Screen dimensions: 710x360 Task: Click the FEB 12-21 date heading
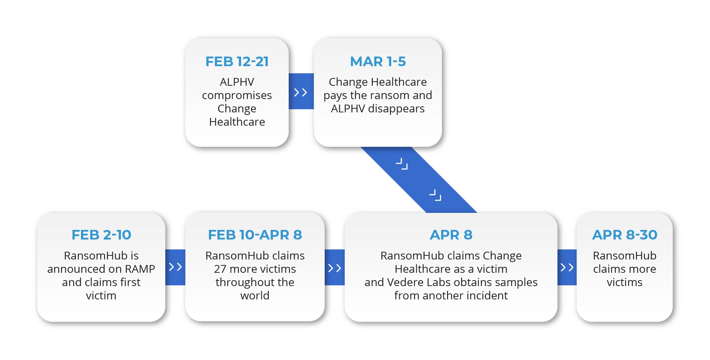[237, 61]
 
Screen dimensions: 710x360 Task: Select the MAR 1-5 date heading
[378, 61]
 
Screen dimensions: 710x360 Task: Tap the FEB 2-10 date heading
[101, 235]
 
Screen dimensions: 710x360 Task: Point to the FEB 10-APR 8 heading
[255, 235]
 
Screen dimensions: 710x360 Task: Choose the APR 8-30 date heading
[625, 235]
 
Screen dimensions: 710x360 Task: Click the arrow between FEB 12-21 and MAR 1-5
[301, 92]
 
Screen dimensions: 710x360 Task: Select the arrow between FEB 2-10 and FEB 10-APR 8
[175, 267]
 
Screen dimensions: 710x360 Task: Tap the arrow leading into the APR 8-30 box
[567, 267]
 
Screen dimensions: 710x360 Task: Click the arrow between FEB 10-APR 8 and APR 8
[335, 268]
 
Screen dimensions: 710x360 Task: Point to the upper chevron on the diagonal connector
[402, 164]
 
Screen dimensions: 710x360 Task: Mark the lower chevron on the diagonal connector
[435, 195]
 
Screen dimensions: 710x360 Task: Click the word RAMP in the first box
[140, 269]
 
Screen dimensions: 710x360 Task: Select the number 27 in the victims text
[220, 269]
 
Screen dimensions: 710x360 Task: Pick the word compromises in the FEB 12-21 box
[237, 96]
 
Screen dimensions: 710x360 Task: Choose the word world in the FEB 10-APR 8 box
[255, 296]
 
